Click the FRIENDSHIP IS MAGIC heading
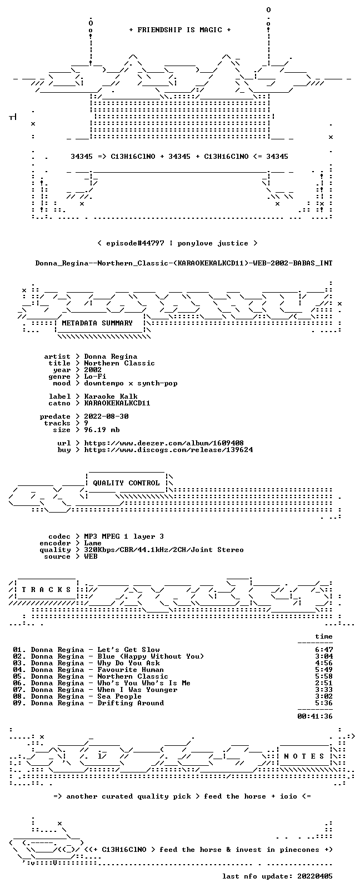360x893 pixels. (x=180, y=30)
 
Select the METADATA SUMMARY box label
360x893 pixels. (x=97, y=323)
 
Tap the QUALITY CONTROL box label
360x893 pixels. (x=126, y=483)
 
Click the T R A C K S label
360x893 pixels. (x=46, y=590)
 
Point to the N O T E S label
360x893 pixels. (x=304, y=756)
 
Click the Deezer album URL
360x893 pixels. (x=164, y=443)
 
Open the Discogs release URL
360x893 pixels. (x=168, y=450)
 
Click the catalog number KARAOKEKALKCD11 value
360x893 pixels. (x=117, y=403)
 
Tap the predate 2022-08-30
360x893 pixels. (x=106, y=416)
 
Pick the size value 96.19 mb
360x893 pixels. (x=102, y=430)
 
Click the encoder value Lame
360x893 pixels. (x=93, y=543)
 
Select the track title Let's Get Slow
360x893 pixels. (x=128, y=650)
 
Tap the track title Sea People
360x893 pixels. (x=119, y=696)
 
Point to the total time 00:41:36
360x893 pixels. (x=315, y=716)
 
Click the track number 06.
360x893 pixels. (x=18, y=683)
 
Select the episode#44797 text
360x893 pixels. (x=135, y=243)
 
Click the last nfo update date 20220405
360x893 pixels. (x=315, y=876)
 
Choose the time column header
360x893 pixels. (x=324, y=636)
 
